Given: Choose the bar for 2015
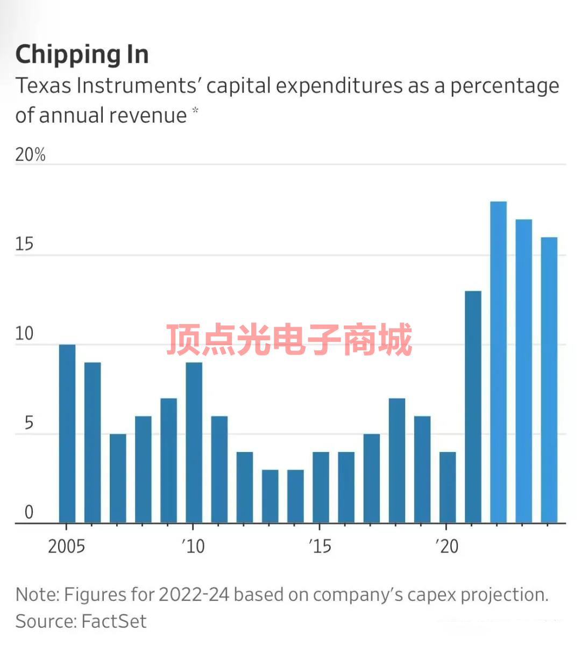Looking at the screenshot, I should (321, 487).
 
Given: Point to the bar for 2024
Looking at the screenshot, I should (549, 380).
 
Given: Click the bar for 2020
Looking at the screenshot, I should (448, 487).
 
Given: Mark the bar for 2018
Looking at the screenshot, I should (397, 461).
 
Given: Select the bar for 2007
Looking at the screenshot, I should (118, 478).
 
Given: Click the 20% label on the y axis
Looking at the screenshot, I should (30, 155).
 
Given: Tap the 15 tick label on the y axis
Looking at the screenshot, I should (24, 245).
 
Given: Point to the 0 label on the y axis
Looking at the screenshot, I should (29, 512).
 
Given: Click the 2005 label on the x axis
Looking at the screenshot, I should (67, 547).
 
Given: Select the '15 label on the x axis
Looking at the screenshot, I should (320, 547).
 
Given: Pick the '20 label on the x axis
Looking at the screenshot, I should (447, 547).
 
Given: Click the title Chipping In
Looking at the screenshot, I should (82, 55).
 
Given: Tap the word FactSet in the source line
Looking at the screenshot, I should (114, 622).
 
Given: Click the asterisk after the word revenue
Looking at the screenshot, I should (195, 111).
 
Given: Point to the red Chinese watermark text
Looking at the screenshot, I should (289, 340).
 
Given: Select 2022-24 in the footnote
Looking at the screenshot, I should (194, 595).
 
